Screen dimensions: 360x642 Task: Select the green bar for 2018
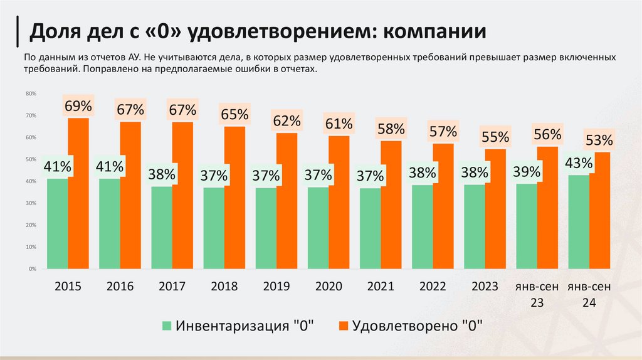(214, 228)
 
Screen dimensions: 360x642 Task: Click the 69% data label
(78, 106)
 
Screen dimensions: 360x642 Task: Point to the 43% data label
(578, 163)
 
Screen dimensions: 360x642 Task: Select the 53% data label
(599, 139)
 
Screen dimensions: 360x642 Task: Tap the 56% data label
(547, 134)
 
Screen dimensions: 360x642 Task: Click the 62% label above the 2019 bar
(287, 120)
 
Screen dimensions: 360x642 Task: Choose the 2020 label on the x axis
(329, 287)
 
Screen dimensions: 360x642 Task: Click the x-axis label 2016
(120, 287)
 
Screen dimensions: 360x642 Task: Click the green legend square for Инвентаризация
(167, 326)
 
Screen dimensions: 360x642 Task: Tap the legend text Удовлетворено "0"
(419, 326)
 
